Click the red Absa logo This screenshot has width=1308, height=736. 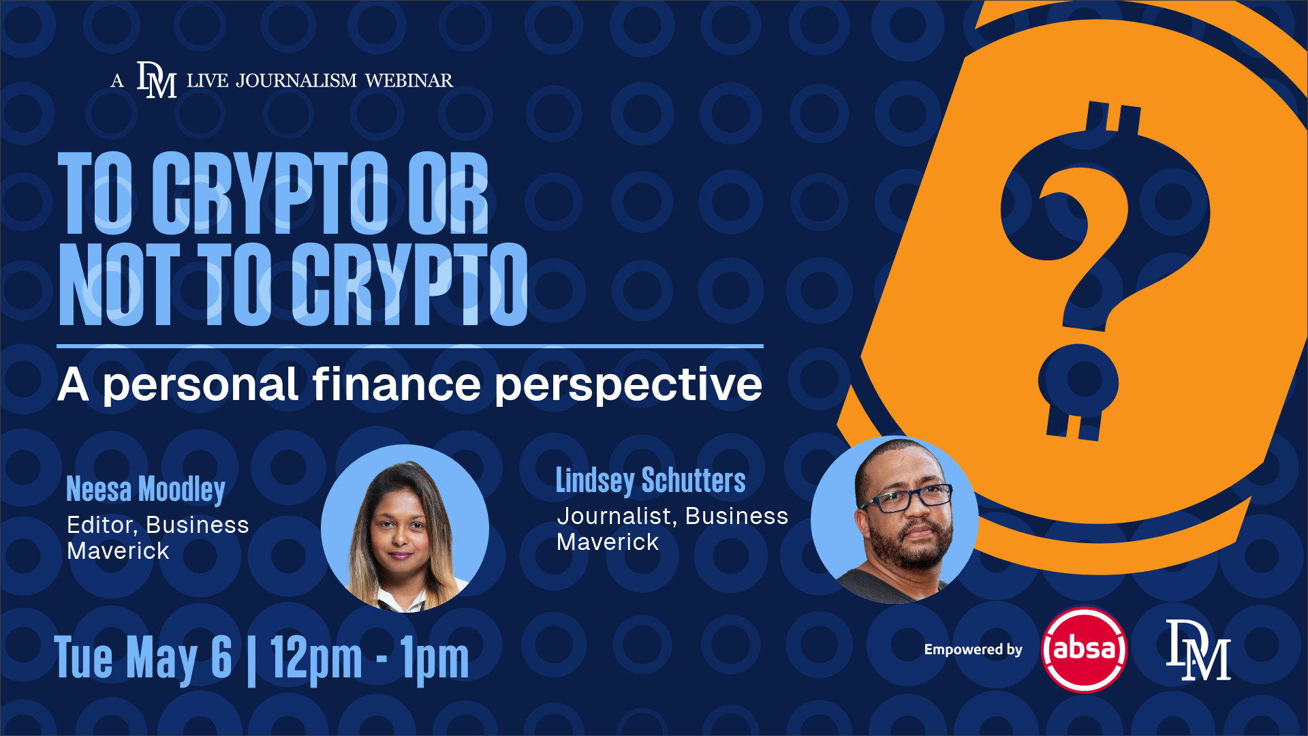click(x=1084, y=649)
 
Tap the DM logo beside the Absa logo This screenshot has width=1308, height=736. click(x=1198, y=650)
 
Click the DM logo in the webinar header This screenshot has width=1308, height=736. click(x=157, y=80)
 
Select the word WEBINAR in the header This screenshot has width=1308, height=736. click(x=409, y=80)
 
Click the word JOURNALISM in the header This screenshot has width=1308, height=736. click(x=296, y=80)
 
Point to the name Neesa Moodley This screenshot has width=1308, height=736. click(x=146, y=489)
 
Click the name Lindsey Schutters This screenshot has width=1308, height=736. click(x=651, y=480)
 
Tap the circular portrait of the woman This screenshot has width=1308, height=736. click(x=405, y=528)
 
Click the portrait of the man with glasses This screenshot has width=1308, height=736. click(x=894, y=519)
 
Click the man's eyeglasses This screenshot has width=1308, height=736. click(x=907, y=499)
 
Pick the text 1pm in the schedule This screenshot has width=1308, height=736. click(x=435, y=658)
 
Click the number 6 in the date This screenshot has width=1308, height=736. click(x=221, y=656)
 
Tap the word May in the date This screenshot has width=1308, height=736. click(x=161, y=660)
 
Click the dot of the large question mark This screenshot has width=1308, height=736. click(x=1078, y=381)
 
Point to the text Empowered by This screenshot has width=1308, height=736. click(x=973, y=649)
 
